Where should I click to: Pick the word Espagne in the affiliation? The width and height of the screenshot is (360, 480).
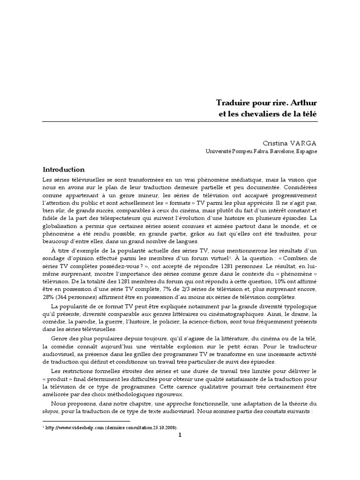[306, 152]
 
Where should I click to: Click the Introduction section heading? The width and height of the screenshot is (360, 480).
[64, 170]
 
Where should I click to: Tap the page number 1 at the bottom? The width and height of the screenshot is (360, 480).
[180, 435]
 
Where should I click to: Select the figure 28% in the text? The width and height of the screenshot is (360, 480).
[50, 297]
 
